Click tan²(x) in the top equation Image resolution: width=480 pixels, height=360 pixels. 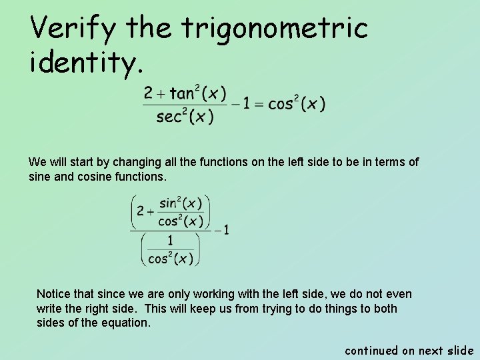click(x=197, y=93)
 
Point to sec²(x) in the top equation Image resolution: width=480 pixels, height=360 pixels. click(x=185, y=117)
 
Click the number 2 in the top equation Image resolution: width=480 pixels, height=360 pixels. click(x=148, y=94)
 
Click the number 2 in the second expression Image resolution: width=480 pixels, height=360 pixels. click(x=140, y=211)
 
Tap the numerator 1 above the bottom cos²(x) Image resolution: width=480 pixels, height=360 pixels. click(x=170, y=241)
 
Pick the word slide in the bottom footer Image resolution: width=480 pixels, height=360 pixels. click(x=459, y=350)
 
